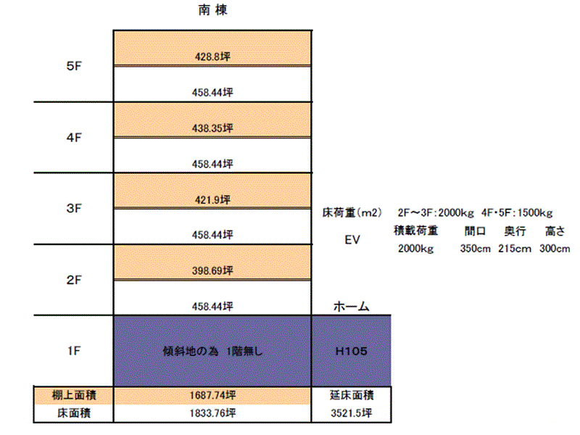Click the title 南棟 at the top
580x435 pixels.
[x=212, y=10]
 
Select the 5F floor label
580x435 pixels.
[x=74, y=66]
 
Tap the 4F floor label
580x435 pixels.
[x=74, y=138]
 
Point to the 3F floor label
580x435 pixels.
[x=74, y=208]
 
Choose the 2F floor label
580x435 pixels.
[x=74, y=280]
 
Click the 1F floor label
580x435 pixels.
[x=74, y=351]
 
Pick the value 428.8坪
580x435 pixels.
[x=212, y=57]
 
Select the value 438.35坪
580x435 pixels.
[x=212, y=128]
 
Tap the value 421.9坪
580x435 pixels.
[x=212, y=200]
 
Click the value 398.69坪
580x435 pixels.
[x=212, y=270]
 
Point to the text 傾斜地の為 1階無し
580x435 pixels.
[x=212, y=351]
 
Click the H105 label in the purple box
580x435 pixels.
[x=352, y=351]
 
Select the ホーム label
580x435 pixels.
[x=352, y=306]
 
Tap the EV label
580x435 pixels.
[x=352, y=240]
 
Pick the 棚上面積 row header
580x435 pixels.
[x=74, y=395]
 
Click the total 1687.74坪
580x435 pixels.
[x=212, y=395]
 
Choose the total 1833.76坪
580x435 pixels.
[x=212, y=413]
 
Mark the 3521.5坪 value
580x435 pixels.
[x=352, y=413]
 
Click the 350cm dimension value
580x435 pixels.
[x=476, y=249]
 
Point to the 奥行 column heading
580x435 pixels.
[x=515, y=231]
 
